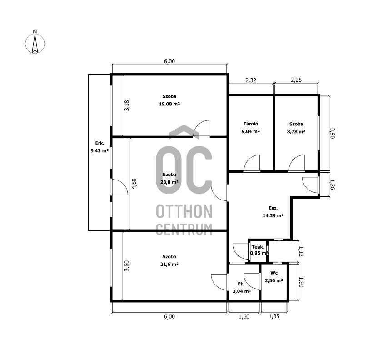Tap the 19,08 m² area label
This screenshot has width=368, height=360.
point(169,104)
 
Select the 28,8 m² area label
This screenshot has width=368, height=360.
point(169,182)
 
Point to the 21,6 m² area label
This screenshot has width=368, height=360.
point(169,264)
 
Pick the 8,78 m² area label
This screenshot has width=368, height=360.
point(296,131)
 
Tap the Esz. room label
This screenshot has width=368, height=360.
point(273,208)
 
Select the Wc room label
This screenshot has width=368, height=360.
point(274,273)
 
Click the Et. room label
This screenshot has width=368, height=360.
point(241,284)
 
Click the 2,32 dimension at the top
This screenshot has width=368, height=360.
point(251,80)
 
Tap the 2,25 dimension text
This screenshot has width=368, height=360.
point(296,80)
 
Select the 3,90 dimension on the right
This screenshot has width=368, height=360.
point(332,133)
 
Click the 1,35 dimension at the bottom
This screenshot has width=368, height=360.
point(274,316)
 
